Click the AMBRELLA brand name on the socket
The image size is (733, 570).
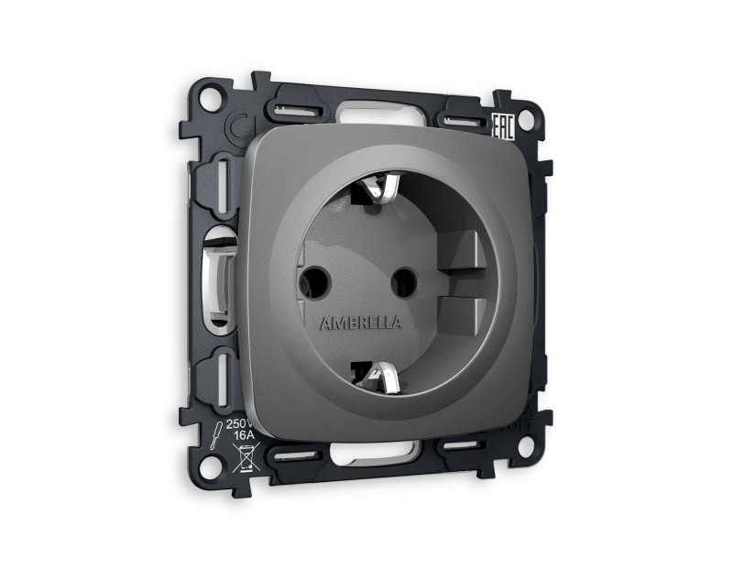tap(359, 323)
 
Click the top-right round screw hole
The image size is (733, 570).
tap(526, 119)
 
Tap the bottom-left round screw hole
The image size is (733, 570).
tap(210, 466)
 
